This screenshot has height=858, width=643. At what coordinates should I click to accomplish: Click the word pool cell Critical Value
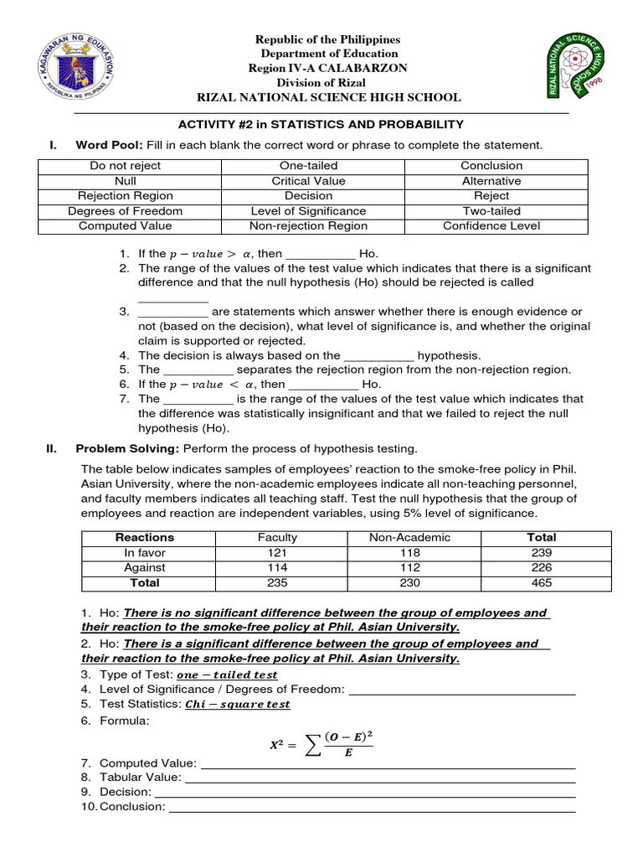tap(308, 181)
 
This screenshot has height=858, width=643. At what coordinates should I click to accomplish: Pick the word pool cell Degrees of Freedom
tap(126, 211)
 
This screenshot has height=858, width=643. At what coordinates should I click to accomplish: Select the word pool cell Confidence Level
tap(491, 226)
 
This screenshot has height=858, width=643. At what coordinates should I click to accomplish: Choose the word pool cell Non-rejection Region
tap(308, 226)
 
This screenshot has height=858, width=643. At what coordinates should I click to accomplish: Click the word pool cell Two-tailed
tap(491, 211)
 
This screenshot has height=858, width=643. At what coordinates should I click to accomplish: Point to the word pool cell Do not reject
tap(126, 166)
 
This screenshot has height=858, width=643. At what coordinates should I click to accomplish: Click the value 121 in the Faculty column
tap(277, 553)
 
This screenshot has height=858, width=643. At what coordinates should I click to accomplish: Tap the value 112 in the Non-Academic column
tap(410, 568)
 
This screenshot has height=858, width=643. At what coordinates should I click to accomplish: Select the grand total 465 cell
tap(542, 583)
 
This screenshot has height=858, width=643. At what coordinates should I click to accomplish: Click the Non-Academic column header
tap(410, 538)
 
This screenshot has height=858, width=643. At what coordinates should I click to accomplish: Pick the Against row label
tap(145, 568)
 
